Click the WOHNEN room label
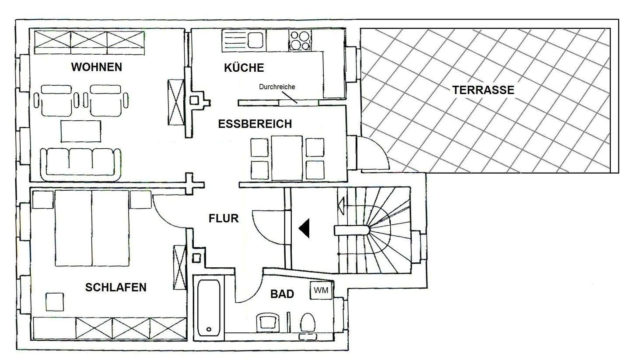click(96, 67)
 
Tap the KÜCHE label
click(244, 68)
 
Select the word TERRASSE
click(483, 90)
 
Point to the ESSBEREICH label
click(255, 124)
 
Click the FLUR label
click(224, 218)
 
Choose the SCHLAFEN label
click(115, 287)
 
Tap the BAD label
click(282, 294)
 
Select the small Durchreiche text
click(276, 87)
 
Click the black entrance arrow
click(304, 228)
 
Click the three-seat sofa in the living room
click(80, 164)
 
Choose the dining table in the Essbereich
click(287, 158)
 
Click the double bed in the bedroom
click(93, 228)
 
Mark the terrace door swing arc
click(376, 153)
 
